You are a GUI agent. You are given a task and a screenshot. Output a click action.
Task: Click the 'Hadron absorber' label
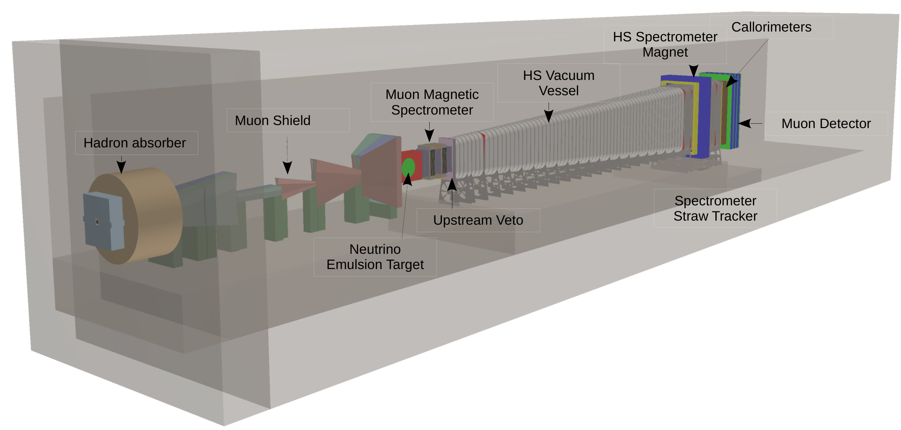point(134,143)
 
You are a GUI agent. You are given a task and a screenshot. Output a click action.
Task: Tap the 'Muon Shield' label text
point(272,120)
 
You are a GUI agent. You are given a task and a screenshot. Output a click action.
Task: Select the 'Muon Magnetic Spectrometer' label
point(432,102)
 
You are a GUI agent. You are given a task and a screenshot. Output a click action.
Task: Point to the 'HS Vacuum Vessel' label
point(558,83)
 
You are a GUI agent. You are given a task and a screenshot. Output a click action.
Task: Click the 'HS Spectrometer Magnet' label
point(664,44)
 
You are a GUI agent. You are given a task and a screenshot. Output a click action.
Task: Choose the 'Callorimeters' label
point(771,27)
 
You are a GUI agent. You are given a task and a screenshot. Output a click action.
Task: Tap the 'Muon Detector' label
point(825,123)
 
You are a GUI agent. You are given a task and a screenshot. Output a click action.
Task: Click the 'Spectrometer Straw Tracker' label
point(715,208)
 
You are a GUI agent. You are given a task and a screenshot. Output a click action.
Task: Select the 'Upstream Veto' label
point(478,220)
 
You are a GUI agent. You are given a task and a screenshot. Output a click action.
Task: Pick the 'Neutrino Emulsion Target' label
point(375,257)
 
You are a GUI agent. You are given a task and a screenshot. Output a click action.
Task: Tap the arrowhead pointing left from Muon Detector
point(744,123)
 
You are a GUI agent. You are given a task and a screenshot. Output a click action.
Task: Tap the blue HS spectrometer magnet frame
point(703,116)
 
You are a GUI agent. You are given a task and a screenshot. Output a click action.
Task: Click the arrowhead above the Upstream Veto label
point(452,184)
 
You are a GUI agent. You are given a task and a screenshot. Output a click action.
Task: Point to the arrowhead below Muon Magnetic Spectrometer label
point(429,135)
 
